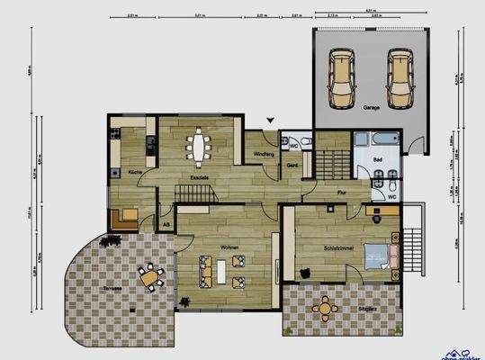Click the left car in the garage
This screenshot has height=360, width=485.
[343, 77]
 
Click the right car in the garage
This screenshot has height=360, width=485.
[401, 77]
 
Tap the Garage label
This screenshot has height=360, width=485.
[371, 108]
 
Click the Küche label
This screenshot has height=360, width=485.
[134, 171]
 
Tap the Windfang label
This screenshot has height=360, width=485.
[264, 155]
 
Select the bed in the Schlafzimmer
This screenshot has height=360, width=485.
[381, 257]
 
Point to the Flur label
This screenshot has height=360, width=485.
[342, 192]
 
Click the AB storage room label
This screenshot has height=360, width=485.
[166, 223]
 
